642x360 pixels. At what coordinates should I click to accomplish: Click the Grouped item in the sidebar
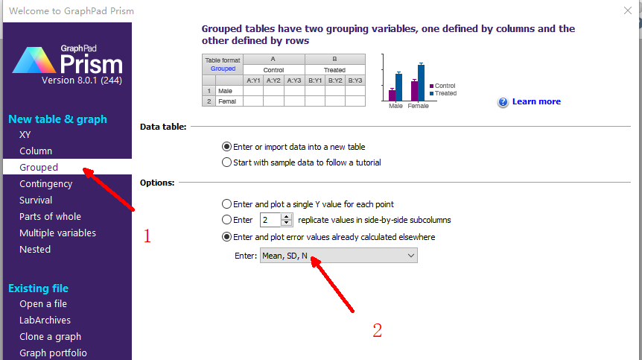coord(39,167)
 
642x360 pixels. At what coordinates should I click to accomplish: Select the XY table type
coord(25,134)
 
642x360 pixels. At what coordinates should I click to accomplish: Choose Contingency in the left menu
coord(46,184)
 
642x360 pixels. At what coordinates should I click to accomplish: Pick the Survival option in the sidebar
coord(36,200)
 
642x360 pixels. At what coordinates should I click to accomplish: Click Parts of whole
coord(50,216)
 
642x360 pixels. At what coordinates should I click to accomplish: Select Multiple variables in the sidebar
coord(57,233)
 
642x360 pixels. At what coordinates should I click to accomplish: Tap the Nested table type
coord(35,249)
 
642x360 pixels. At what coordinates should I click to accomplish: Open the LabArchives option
coord(45,320)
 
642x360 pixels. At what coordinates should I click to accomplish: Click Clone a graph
coord(50,337)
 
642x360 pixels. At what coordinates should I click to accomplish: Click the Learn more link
coord(536,101)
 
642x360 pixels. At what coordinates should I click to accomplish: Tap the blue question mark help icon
coord(503,102)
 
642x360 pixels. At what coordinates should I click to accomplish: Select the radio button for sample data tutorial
coord(226,162)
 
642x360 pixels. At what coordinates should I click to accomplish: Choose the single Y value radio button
coord(226,204)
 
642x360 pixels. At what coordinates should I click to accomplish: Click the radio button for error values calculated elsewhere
coord(226,237)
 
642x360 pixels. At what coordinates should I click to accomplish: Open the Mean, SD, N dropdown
coord(339,256)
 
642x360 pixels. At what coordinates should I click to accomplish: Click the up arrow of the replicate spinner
coord(287,217)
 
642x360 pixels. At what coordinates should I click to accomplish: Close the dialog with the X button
coord(628,10)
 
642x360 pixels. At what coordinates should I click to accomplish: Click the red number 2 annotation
coord(377,330)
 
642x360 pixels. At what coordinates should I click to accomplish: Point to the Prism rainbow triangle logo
coord(34,60)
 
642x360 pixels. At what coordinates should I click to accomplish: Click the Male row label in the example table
coord(225,91)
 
